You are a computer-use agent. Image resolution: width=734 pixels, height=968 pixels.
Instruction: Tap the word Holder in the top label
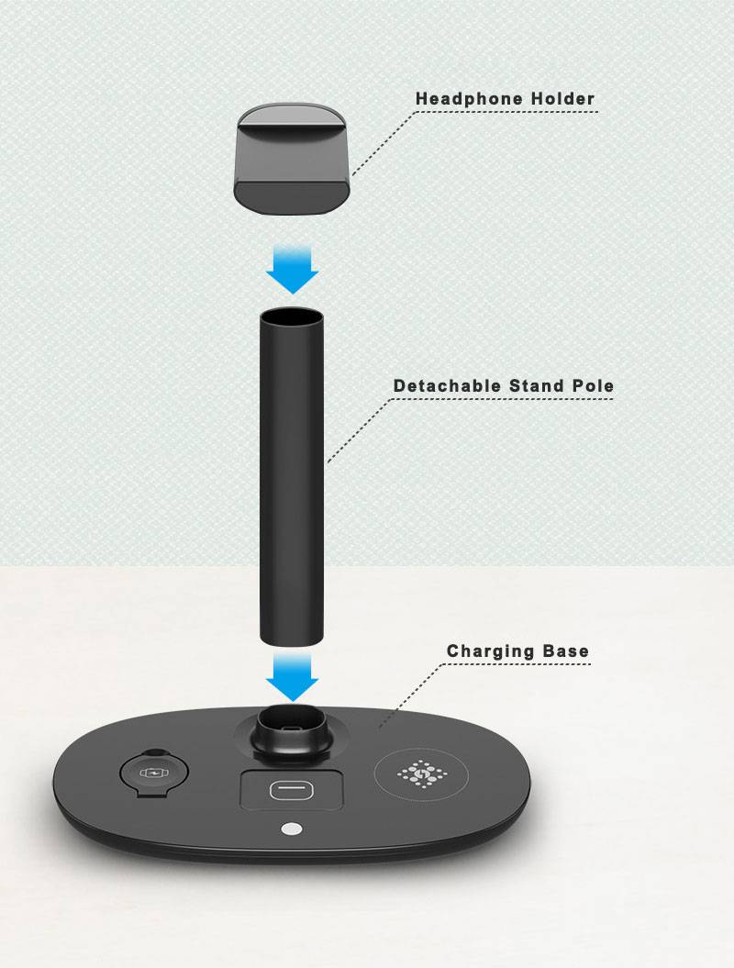click(x=562, y=99)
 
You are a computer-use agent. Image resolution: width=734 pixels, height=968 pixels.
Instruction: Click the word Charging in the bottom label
click(x=491, y=652)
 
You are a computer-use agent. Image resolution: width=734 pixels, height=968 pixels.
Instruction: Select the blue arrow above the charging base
click(x=292, y=677)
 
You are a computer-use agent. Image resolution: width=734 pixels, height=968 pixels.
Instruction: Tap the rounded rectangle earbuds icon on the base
click(x=292, y=790)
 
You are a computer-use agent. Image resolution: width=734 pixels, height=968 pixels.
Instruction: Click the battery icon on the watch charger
click(x=151, y=773)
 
